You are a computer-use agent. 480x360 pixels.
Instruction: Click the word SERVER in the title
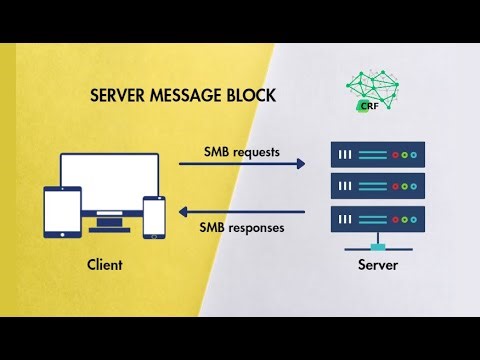[x=118, y=96]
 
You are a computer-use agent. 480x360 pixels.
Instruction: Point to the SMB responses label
[x=242, y=227]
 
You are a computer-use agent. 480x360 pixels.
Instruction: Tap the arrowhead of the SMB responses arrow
[x=182, y=211]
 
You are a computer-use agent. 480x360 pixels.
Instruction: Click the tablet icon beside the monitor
[x=59, y=211]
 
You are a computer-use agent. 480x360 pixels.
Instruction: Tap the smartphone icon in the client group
[x=154, y=217]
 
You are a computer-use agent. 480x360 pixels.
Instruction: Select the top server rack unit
[x=378, y=155]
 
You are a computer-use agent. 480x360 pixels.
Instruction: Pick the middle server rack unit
[x=378, y=186]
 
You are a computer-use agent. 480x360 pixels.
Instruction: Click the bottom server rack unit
[x=378, y=217]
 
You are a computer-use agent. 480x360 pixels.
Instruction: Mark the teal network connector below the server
[x=378, y=244]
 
